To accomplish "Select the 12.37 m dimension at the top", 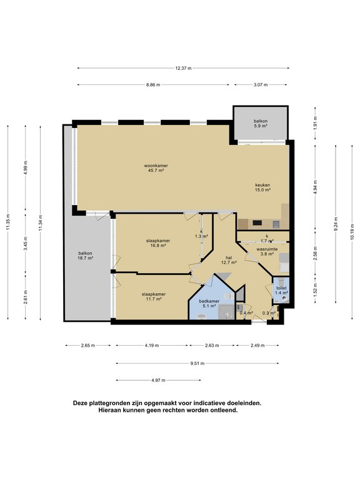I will [x=183, y=68].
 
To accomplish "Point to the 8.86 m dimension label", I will [x=152, y=84].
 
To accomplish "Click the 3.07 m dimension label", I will [x=261, y=84].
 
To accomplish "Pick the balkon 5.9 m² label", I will [x=261, y=123].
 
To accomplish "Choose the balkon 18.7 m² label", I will [x=85, y=256].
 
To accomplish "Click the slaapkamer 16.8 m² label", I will [x=156, y=243].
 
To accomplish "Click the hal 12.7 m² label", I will [x=229, y=260].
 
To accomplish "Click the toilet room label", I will [x=282, y=290].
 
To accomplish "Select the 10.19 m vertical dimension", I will [x=352, y=228].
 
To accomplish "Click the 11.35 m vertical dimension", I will [x=9, y=222].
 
